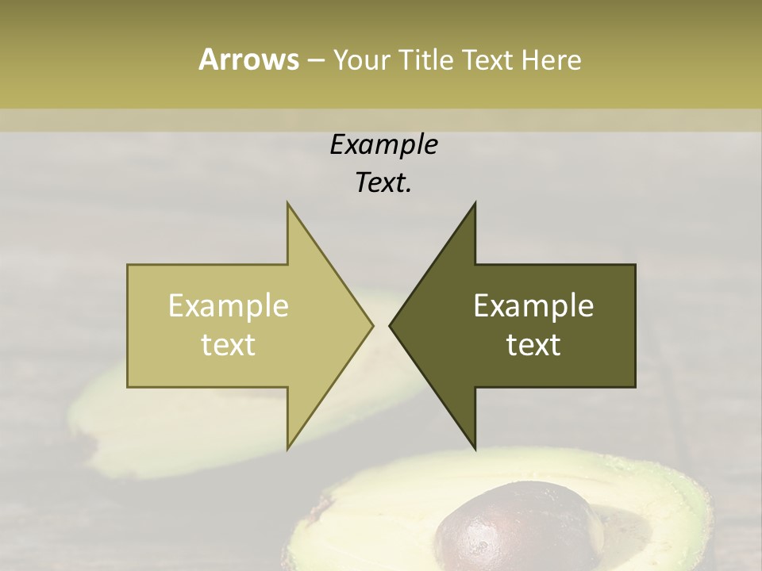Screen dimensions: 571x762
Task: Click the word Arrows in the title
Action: [248, 59]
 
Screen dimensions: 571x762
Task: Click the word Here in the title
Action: [550, 59]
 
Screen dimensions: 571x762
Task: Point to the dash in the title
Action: [315, 60]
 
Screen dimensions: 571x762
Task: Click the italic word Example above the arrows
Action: [383, 144]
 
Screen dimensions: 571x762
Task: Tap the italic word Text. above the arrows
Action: [383, 182]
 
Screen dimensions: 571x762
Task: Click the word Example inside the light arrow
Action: [228, 305]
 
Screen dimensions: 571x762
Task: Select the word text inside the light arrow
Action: [228, 344]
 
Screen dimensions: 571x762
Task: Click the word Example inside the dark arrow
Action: [533, 305]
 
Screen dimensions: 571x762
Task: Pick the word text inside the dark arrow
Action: [533, 344]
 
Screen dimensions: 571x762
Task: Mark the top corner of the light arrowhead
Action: [287, 203]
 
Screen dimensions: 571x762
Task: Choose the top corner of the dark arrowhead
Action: [475, 203]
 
